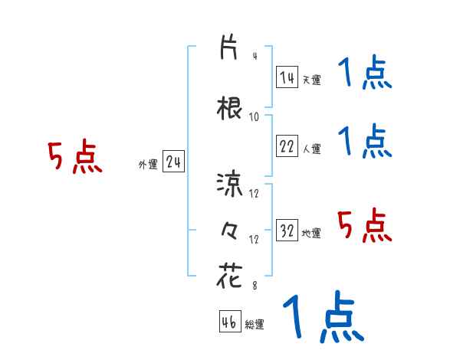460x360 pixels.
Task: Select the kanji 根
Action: (229, 109)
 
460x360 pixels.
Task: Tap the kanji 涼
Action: (229, 184)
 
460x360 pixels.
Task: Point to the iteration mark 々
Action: (229, 229)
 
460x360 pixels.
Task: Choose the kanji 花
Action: (229, 277)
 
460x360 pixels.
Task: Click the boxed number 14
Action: (287, 77)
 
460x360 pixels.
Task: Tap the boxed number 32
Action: (287, 231)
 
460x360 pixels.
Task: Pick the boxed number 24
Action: (173, 162)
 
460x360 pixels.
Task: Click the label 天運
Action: (310, 80)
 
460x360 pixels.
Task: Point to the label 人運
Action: (310, 149)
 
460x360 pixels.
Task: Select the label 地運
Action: (310, 234)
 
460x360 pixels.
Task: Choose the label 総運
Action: (255, 325)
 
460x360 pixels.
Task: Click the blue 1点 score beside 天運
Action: (364, 75)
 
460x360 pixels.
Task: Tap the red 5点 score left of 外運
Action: (74, 159)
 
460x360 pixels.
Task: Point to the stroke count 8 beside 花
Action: (255, 286)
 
